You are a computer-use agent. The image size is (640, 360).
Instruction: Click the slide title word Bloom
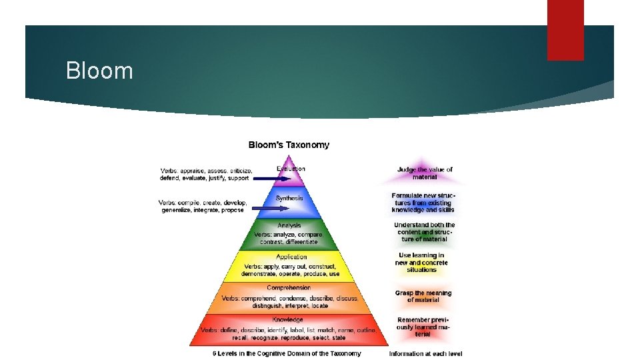99,71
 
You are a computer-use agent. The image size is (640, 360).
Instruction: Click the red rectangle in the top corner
565,30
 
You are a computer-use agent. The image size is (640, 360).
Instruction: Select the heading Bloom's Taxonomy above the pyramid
289,145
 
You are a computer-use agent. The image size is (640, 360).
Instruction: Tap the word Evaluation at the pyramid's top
291,169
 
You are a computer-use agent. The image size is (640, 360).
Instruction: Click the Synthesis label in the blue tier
289,198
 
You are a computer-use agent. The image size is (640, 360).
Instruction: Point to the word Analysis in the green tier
289,225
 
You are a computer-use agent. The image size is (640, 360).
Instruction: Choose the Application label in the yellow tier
291,257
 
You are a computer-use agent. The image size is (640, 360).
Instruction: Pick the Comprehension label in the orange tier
289,288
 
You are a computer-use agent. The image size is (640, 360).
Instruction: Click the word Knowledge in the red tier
288,320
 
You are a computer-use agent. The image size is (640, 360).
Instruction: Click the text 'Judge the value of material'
425,173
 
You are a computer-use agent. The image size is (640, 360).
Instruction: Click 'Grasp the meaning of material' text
423,297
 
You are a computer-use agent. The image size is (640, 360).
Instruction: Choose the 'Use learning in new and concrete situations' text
421,263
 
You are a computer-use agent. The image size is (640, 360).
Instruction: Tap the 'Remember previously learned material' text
423,327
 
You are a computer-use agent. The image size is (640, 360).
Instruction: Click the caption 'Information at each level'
425,353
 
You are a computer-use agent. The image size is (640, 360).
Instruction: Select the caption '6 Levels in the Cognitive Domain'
287,353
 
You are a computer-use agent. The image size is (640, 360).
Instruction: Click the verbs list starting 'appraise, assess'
205,174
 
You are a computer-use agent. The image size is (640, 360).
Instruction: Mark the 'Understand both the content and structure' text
424,232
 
